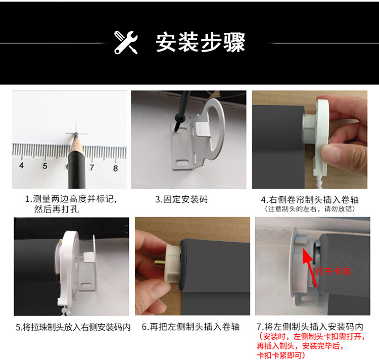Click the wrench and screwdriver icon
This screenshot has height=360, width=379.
pyautogui.click(x=126, y=42)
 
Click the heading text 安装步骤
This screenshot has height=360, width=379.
pyautogui.click(x=201, y=42)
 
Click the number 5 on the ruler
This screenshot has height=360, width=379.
pyautogui.click(x=44, y=166)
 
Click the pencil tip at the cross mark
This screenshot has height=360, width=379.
pyautogui.click(x=72, y=134)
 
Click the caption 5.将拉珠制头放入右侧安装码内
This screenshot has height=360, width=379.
pyautogui.click(x=73, y=327)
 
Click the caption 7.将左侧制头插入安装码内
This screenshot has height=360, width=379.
pyautogui.click(x=310, y=327)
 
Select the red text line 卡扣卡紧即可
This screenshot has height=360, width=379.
pyautogui.click(x=282, y=355)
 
